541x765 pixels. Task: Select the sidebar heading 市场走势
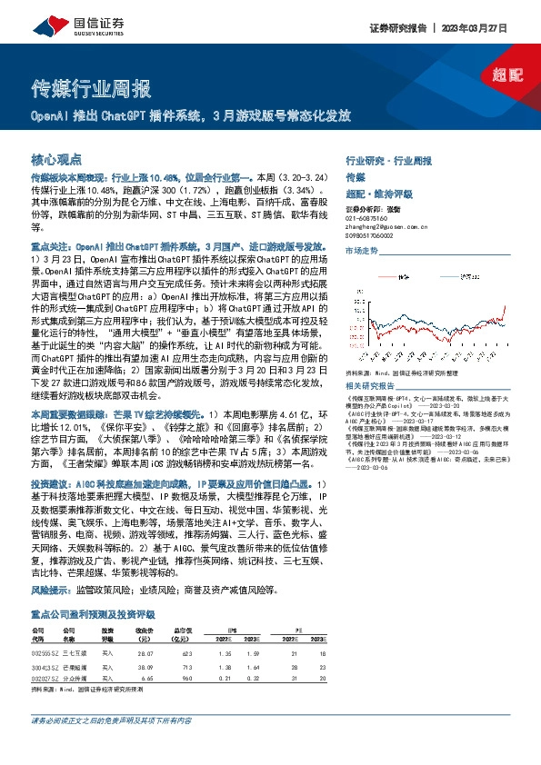point(362,250)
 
